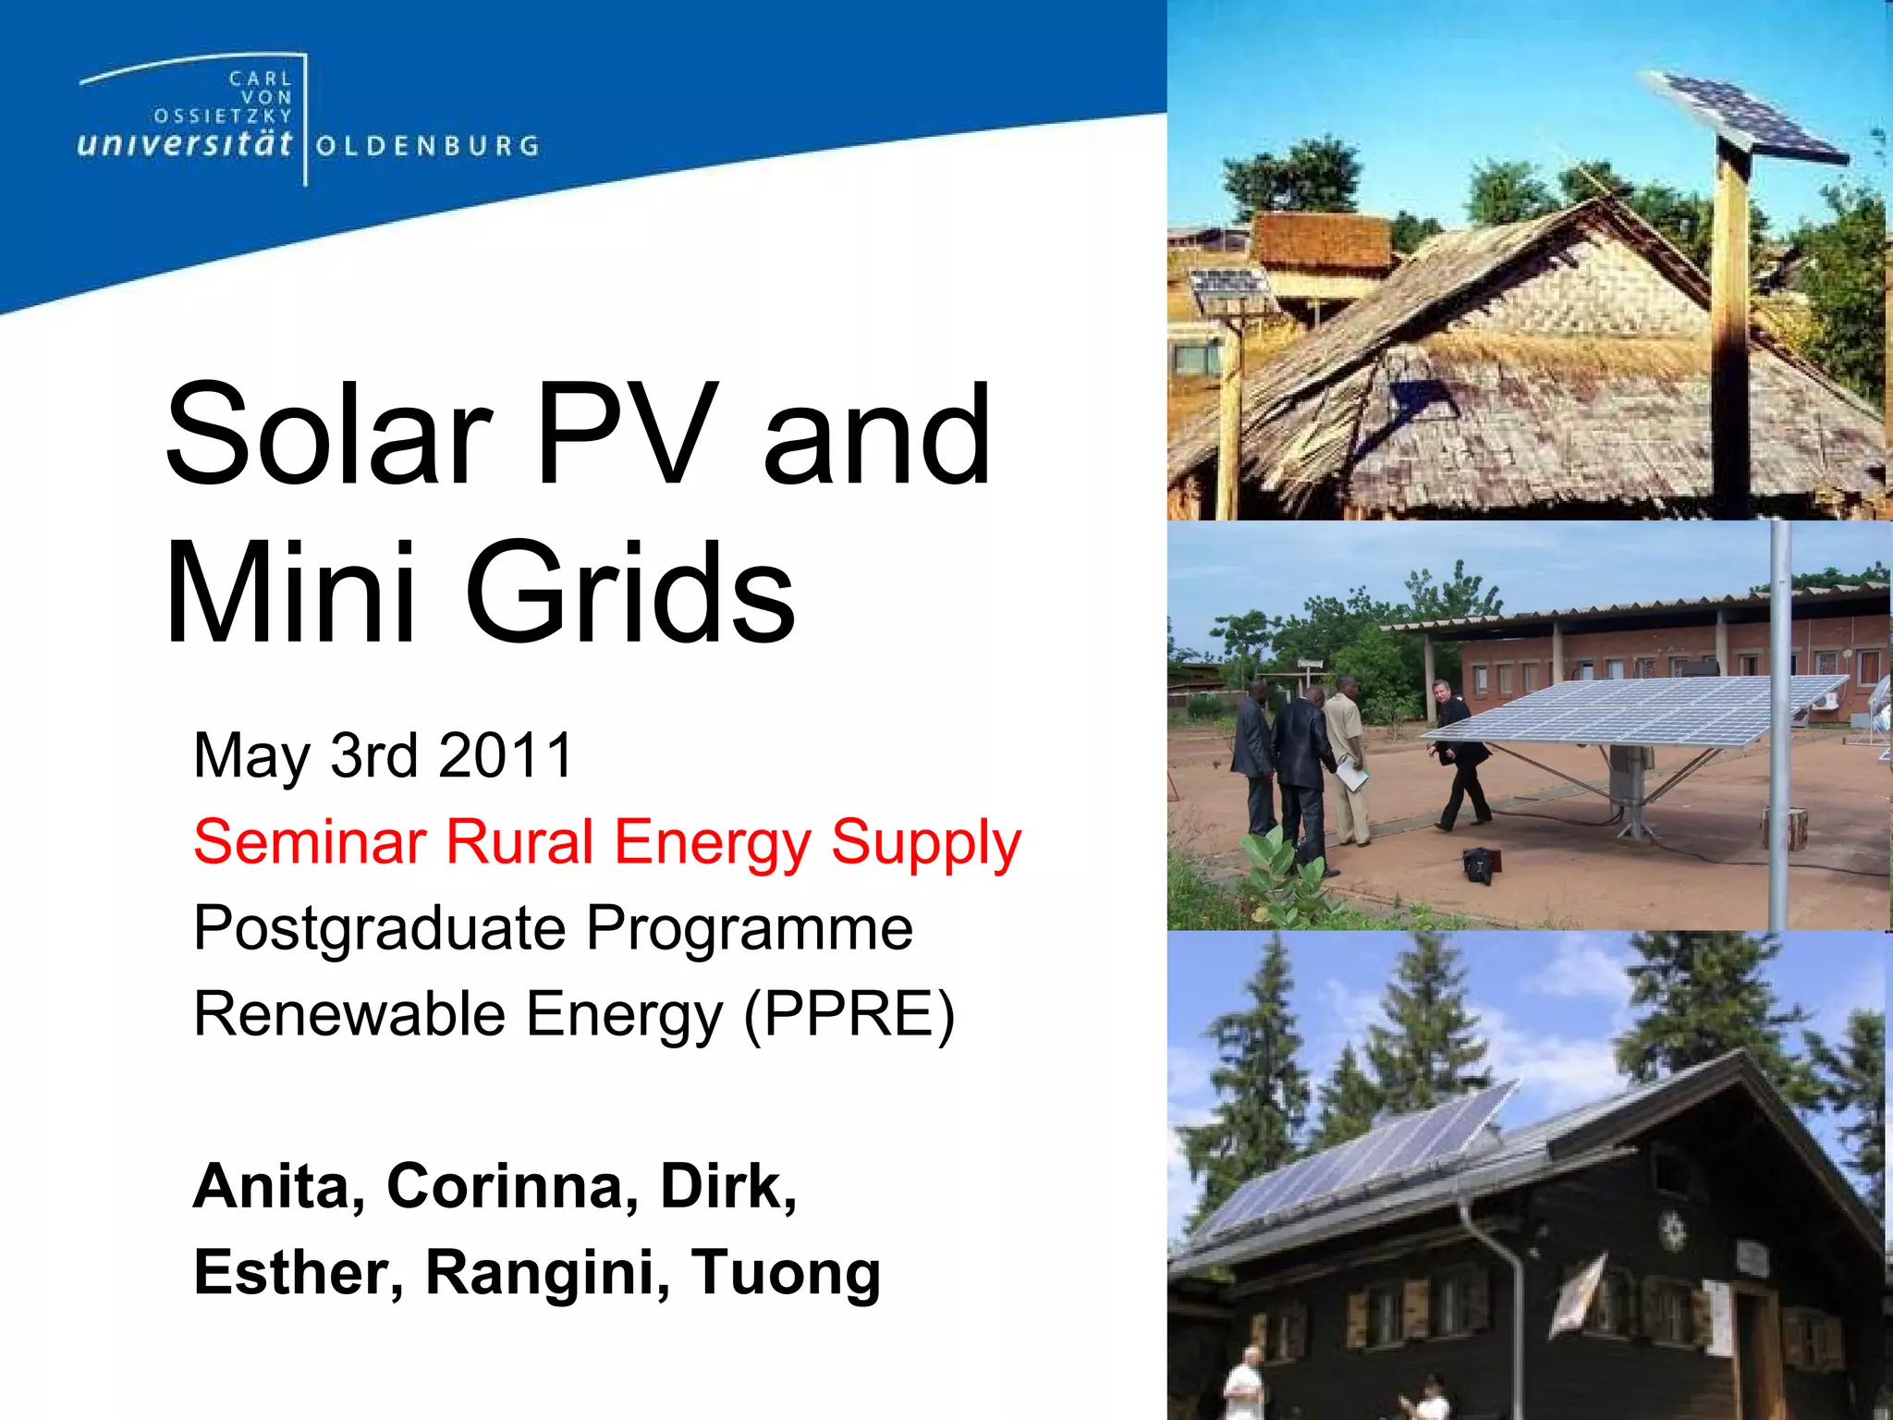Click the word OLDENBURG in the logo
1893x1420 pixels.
click(427, 146)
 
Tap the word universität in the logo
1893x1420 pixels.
click(185, 144)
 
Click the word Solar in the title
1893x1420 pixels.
click(328, 435)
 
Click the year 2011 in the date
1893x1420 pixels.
click(506, 756)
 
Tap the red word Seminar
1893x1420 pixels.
click(310, 842)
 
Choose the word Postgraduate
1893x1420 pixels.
click(379, 929)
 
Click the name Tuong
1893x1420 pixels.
click(786, 1274)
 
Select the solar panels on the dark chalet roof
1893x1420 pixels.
click(1359, 1165)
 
